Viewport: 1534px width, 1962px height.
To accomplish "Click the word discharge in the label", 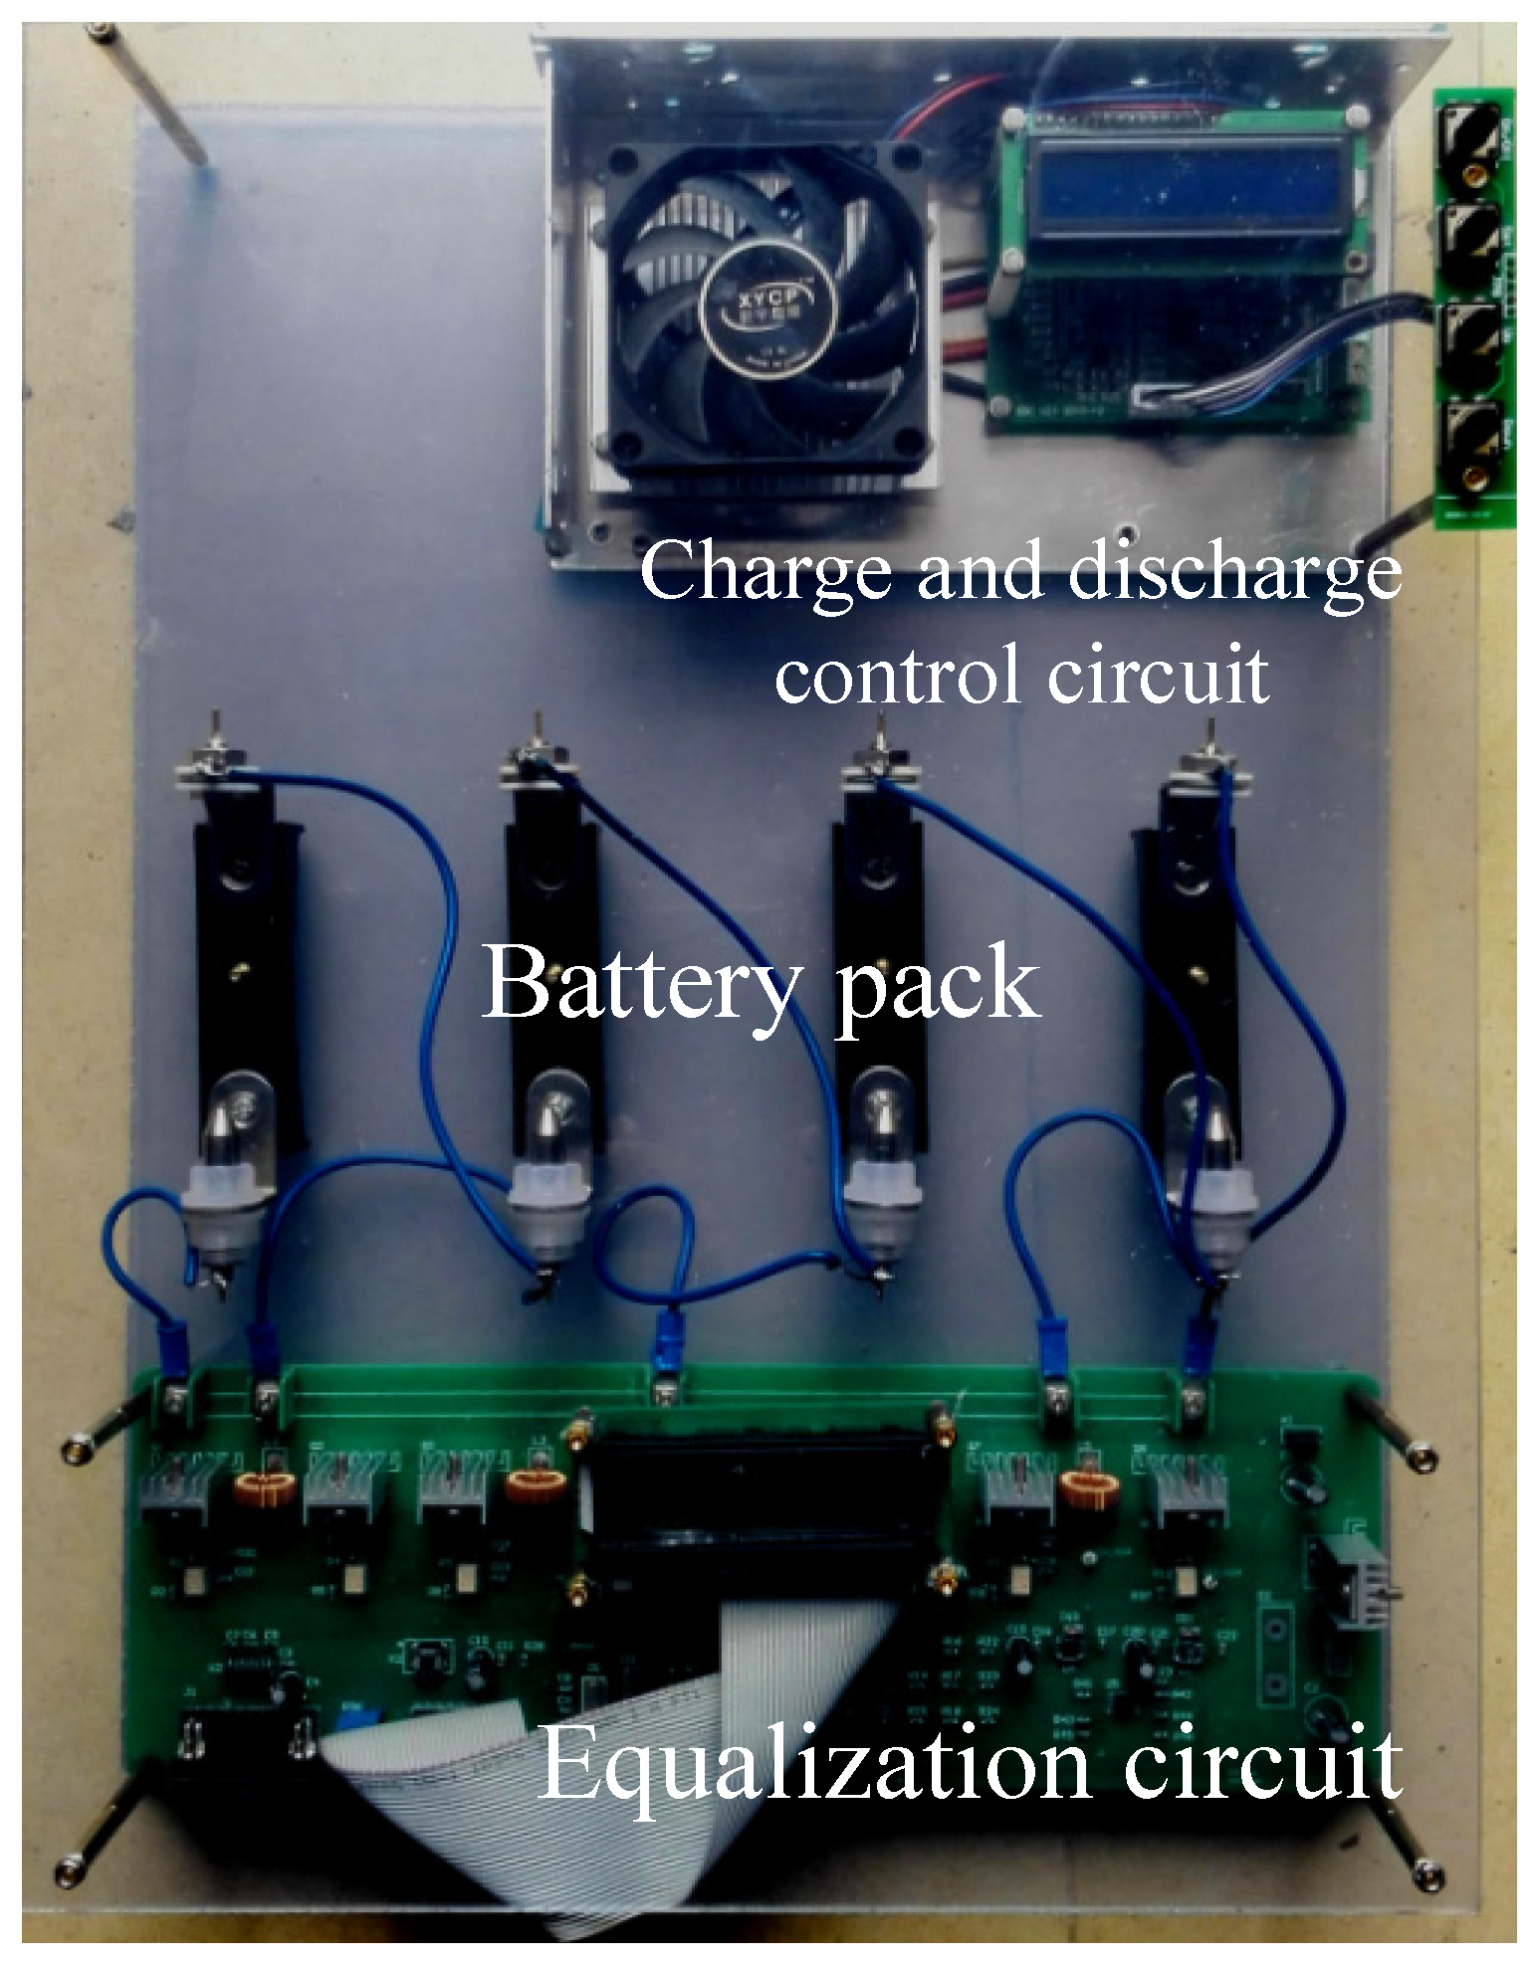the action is pyautogui.click(x=1234, y=575).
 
